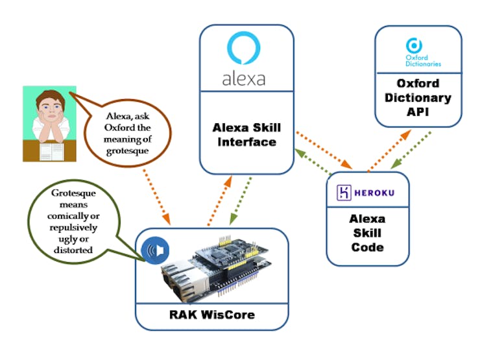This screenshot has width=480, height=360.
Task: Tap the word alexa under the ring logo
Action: click(x=244, y=79)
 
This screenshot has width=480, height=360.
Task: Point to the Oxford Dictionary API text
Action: click(x=418, y=98)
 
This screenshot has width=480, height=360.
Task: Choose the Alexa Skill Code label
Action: click(x=368, y=233)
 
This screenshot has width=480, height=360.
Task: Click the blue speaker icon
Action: click(x=156, y=250)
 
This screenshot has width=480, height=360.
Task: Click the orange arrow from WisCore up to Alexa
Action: click(x=219, y=201)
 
